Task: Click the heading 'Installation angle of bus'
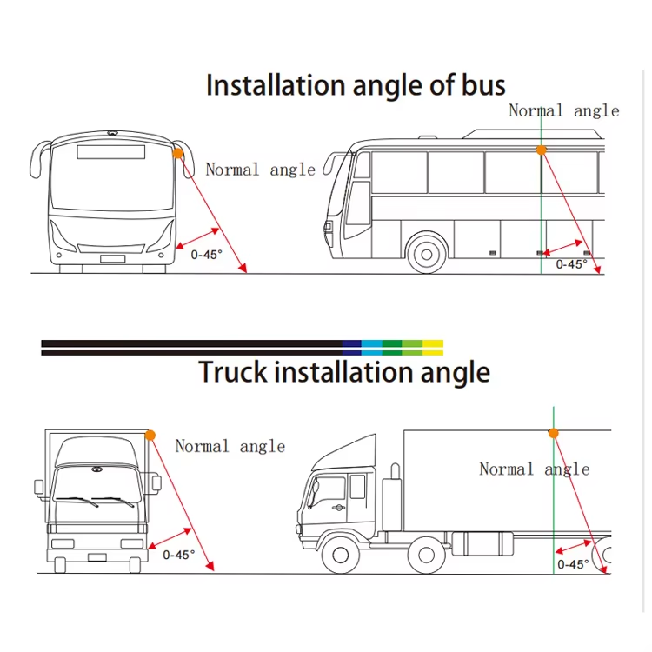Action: point(356,85)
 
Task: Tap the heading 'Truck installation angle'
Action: point(344,372)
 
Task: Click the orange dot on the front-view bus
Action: point(177,153)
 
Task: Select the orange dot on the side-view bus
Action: point(541,150)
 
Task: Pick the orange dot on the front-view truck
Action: point(150,436)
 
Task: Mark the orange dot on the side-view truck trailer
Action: point(553,433)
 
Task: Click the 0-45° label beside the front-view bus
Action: point(206,255)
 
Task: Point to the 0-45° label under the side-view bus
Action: point(572,264)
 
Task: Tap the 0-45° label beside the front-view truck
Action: point(179,555)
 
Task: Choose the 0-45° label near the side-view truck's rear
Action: point(573,564)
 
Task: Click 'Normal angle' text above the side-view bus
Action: point(564,110)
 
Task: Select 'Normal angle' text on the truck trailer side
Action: point(535,469)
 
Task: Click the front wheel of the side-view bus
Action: point(427,254)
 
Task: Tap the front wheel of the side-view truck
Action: point(341,555)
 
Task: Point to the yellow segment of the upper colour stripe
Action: point(433,343)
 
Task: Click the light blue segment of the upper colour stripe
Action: point(372,343)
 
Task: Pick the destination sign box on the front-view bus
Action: point(111,152)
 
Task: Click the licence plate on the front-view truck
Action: point(96,557)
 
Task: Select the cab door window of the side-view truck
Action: point(357,487)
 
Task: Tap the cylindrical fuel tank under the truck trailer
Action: point(482,543)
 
